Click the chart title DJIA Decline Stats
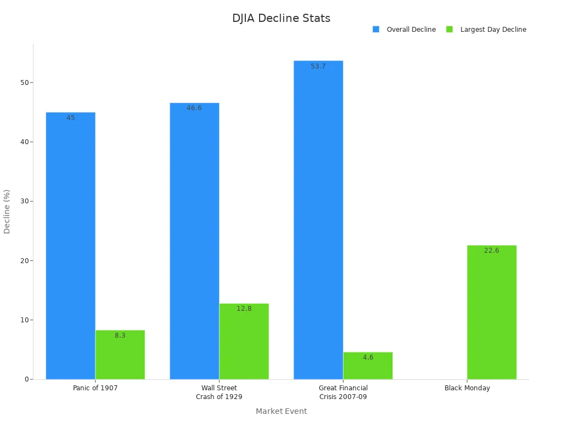coord(281,18)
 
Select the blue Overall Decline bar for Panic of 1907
coord(70,247)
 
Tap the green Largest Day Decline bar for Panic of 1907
coord(120,355)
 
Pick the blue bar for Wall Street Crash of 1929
coord(194,241)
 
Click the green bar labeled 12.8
coord(244,342)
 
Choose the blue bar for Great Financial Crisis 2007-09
coord(318,219)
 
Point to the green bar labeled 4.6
coord(368,366)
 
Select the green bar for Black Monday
coord(492,312)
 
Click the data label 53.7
coord(318,66)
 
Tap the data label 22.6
coord(492,251)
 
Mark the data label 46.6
coord(194,108)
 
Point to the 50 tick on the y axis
coord(25,83)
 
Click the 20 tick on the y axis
coord(25,261)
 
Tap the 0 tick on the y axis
coord(26,379)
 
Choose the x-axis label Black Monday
coord(467,388)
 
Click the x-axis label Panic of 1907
coord(95,388)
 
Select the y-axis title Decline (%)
coord(7,212)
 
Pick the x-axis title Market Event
coord(281,411)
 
